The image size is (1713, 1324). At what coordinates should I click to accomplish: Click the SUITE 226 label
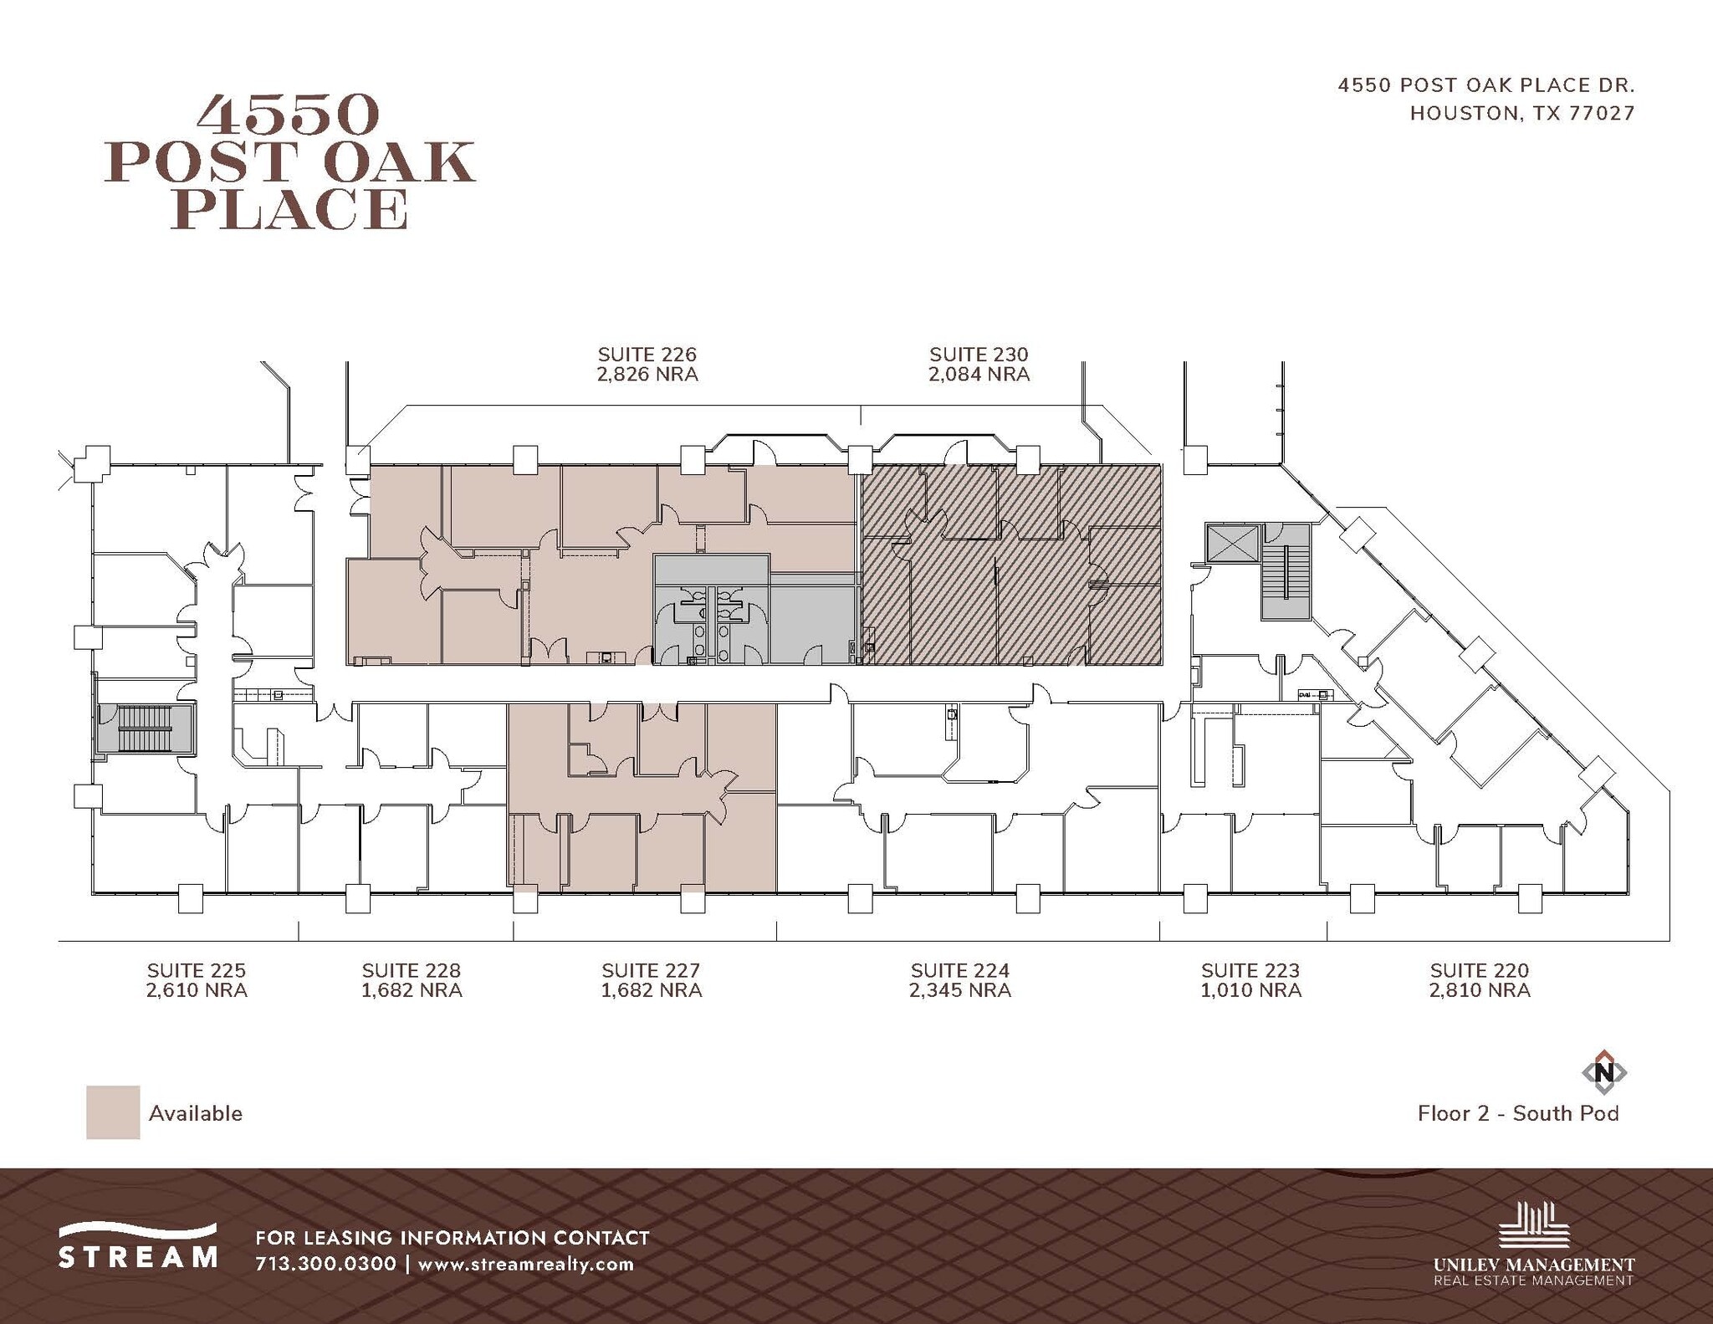click(x=647, y=355)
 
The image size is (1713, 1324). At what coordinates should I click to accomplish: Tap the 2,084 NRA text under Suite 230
click(x=979, y=375)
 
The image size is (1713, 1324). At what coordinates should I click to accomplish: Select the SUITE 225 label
click(x=197, y=970)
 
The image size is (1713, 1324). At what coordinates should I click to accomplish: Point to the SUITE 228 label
click(x=412, y=970)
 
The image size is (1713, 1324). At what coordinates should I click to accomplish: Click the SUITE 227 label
click(x=651, y=970)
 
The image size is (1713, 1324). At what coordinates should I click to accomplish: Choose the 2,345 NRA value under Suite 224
click(x=960, y=990)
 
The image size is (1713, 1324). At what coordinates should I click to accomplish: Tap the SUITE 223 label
click(x=1250, y=970)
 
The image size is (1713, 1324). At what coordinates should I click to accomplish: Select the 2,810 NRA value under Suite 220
click(x=1479, y=990)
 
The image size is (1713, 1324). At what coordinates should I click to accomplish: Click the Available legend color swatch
click(x=113, y=1112)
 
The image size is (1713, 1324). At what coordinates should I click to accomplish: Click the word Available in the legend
click(x=196, y=1113)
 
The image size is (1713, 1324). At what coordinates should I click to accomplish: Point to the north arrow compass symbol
click(x=1603, y=1071)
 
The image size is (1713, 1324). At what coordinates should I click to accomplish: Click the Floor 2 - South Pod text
click(x=1518, y=1113)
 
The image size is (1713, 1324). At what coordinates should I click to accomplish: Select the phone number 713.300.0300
click(x=325, y=1264)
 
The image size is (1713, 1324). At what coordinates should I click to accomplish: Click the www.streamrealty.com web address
click(x=526, y=1264)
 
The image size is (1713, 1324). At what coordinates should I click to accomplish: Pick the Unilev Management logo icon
click(x=1533, y=1224)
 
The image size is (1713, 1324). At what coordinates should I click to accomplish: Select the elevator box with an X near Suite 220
click(x=1232, y=544)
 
